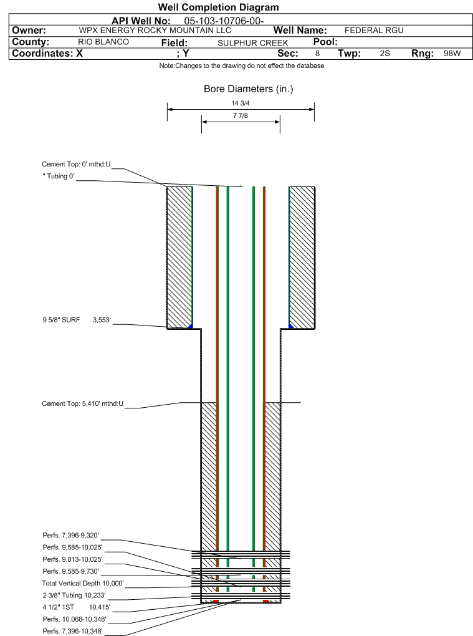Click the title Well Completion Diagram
pos(218,7)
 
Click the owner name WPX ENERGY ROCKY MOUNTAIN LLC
pos(155,31)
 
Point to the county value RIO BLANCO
pos(103,42)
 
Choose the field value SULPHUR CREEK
pos(253,43)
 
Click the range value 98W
pos(452,54)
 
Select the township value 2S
pos(385,54)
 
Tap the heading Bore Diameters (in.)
pos(248,89)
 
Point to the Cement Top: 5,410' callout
pos(83,404)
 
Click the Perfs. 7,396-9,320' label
pos(71,536)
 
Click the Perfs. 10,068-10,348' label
pos(74,619)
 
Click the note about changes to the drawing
pos(241,65)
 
